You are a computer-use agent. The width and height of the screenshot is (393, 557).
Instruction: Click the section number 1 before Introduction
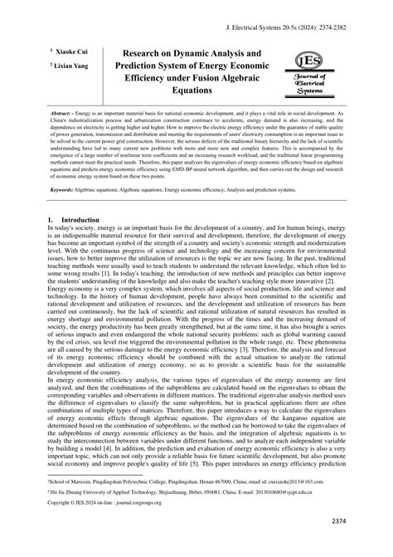pos(51,220)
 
